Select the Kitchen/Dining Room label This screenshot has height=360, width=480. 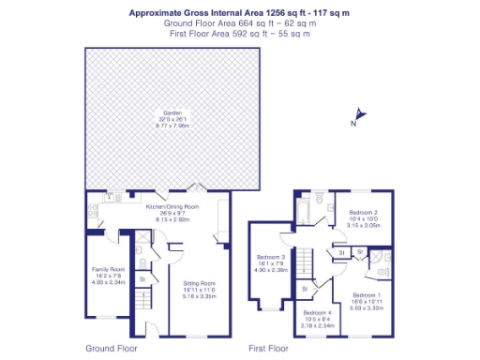[172, 206]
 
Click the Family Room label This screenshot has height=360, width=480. [107, 270]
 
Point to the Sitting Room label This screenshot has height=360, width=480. [199, 283]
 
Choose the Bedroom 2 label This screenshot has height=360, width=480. [363, 213]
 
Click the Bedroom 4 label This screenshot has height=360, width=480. [316, 313]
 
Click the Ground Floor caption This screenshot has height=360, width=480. [112, 348]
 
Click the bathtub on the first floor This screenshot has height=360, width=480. [305, 208]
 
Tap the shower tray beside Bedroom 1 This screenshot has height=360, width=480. [382, 257]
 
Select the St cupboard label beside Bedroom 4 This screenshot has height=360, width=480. [305, 288]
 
